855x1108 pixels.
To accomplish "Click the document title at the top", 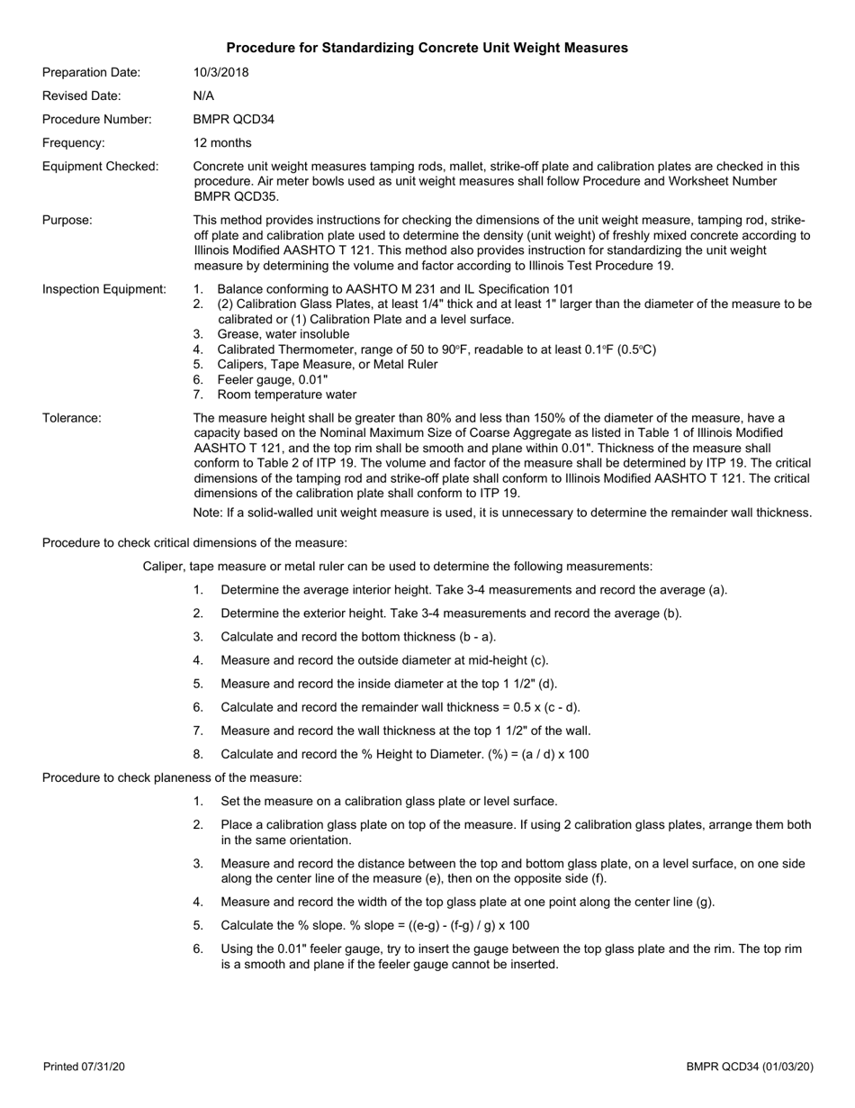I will tap(427, 48).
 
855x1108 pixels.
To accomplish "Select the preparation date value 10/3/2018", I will tap(221, 72).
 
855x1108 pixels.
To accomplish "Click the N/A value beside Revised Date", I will tap(203, 95).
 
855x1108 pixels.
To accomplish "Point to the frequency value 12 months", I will tap(222, 142).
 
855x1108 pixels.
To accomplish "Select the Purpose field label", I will tap(67, 220).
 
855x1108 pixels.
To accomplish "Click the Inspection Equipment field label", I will tap(104, 289).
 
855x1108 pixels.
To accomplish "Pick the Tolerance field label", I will tap(72, 417).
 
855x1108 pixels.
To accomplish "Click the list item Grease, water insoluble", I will tap(283, 334).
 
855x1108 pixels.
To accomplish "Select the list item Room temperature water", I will tap(286, 395).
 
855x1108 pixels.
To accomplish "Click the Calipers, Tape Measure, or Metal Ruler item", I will tap(328, 364).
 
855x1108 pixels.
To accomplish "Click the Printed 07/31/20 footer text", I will tap(84, 1067).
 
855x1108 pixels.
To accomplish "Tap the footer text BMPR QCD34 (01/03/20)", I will tap(750, 1067).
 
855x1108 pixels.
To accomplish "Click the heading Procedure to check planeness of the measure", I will tap(172, 777).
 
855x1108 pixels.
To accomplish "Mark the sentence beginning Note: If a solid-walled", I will tap(502, 513).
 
